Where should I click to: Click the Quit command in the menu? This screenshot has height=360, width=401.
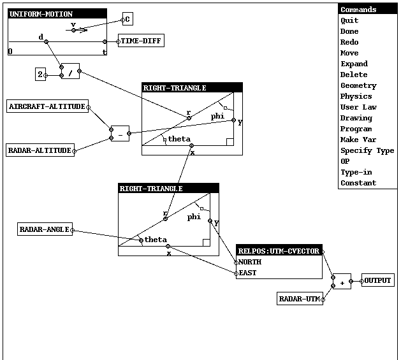349,20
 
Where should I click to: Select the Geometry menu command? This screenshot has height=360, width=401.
358,85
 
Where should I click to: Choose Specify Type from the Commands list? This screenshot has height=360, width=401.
367,150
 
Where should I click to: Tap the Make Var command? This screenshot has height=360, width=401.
358,140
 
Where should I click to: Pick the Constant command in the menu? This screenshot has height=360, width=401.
358,183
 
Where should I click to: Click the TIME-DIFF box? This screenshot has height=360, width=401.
141,41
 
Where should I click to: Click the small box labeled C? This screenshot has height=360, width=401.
128,19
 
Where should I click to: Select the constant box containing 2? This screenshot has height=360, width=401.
40,75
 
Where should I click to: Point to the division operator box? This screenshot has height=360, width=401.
70,71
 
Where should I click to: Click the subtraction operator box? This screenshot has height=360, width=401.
120,133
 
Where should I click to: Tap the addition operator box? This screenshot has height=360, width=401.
342,281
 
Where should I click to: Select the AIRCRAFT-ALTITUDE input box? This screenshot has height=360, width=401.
47,106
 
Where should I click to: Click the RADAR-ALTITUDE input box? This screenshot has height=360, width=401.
40,150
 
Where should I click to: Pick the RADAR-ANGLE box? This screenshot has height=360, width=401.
45,229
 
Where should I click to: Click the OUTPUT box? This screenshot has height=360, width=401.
377,280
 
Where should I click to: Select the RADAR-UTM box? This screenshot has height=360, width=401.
300,299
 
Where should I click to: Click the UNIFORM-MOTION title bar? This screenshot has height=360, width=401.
57,14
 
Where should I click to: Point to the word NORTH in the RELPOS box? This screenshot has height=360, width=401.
250,262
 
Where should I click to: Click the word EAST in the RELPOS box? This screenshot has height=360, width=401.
247,273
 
